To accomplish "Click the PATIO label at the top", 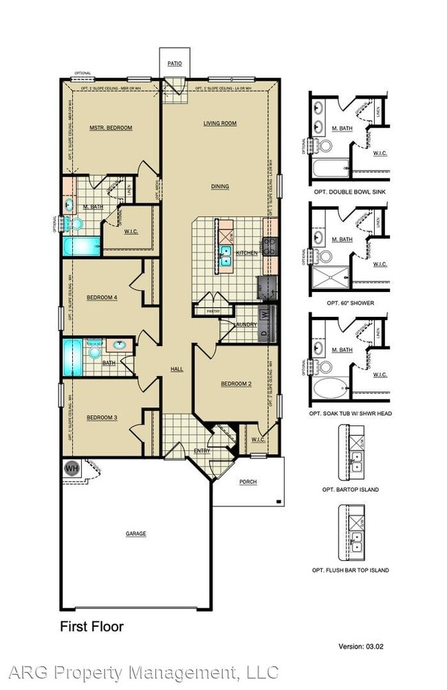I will pos(175,63).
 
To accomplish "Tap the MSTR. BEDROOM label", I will pos(111,128).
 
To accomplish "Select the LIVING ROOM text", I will pos(219,124).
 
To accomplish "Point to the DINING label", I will pos(220,186).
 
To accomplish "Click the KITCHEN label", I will pos(247,253).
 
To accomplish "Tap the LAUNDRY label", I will pos(245,324).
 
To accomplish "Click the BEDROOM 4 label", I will pos(102,298).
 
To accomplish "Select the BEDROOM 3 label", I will pos(102,417).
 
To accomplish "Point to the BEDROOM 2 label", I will pos(236,384).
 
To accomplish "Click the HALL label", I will pos(177,370).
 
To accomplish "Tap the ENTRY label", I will pos(201,451).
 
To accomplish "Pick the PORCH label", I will pos(248,482).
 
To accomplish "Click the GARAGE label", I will pos(135,533).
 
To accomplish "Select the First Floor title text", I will pos(91,626).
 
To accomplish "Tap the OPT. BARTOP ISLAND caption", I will pos(351,489).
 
